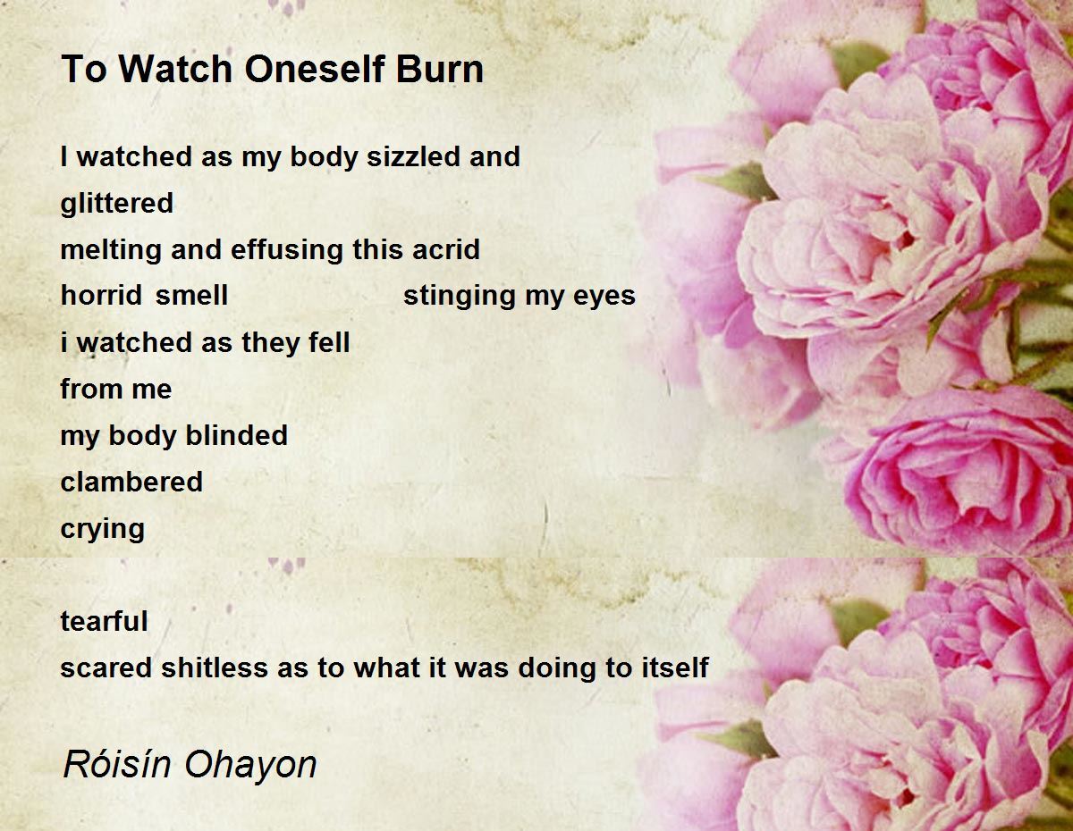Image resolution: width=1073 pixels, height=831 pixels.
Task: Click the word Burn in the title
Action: pyautogui.click(x=439, y=69)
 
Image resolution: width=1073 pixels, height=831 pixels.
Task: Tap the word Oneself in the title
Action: pyautogui.click(x=315, y=69)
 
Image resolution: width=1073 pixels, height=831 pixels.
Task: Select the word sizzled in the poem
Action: pyautogui.click(x=413, y=156)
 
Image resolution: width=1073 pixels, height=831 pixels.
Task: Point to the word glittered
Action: pyautogui.click(x=116, y=203)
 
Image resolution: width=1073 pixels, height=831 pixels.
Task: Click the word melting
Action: pyautogui.click(x=111, y=249)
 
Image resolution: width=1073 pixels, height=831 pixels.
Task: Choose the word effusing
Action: pyautogui.click(x=286, y=249)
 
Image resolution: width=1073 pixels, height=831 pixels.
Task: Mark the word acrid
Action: pyautogui.click(x=446, y=249)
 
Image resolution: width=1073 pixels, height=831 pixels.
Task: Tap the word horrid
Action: pyautogui.click(x=102, y=296)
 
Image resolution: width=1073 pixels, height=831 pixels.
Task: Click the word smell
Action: pyautogui.click(x=191, y=296)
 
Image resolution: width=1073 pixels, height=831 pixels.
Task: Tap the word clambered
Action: pyautogui.click(x=131, y=482)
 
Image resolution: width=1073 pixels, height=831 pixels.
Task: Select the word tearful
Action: pyautogui.click(x=104, y=621)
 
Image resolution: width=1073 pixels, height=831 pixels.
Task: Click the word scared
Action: pyautogui.click(x=106, y=667)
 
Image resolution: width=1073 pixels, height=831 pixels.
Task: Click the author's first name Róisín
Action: pyautogui.click(x=117, y=764)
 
